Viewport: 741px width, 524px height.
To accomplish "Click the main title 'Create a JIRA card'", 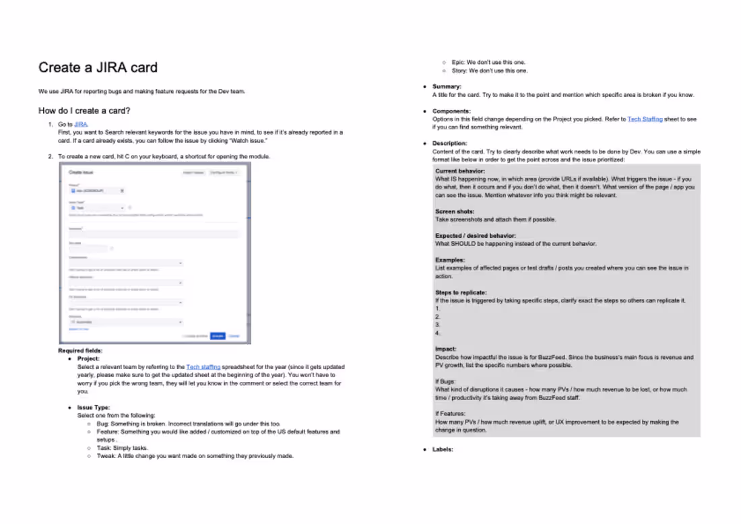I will tap(98, 67).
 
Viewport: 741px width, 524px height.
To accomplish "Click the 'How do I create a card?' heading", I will tap(84, 110).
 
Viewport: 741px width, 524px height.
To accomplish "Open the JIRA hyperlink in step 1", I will tap(81, 125).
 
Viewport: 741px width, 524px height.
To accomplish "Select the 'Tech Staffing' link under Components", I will tap(645, 119).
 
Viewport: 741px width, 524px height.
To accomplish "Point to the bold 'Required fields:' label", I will tap(80, 351).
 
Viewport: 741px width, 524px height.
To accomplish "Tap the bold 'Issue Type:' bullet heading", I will tap(94, 407).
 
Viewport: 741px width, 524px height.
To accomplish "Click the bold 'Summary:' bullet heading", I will tap(447, 87).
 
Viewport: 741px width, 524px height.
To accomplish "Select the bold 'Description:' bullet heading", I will tap(449, 143).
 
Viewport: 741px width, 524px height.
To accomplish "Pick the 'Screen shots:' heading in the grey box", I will tap(455, 211).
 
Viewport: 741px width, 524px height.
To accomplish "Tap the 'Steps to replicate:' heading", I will tap(461, 292).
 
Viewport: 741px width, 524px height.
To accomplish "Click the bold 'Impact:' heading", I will tap(446, 349).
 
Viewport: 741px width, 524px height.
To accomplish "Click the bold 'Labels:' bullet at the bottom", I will tap(443, 449).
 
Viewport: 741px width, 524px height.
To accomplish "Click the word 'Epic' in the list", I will tap(457, 63).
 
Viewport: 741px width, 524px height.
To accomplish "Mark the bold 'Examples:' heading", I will tap(450, 260).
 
